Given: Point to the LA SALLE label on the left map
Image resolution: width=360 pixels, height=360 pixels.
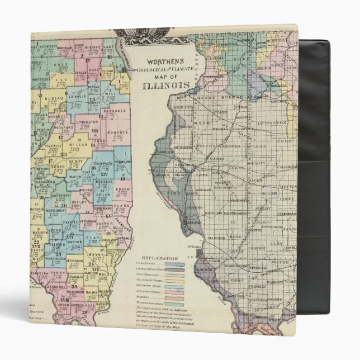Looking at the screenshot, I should pos(76,96).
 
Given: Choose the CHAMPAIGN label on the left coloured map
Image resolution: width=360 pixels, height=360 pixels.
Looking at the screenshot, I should pos(103,162).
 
